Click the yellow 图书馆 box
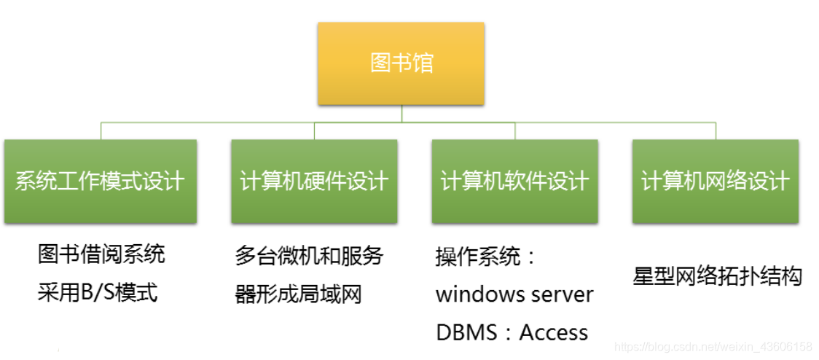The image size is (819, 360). click(x=401, y=63)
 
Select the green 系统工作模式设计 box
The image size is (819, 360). click(x=101, y=181)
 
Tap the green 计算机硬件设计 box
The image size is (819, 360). click(x=314, y=181)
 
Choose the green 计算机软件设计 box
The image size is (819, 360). click(x=514, y=181)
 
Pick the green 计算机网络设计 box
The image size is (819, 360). click(x=716, y=181)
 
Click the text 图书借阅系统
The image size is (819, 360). click(x=101, y=254)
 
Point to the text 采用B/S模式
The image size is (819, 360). click(x=98, y=293)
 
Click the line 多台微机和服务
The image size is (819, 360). click(x=309, y=256)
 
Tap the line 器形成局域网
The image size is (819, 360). click(x=298, y=294)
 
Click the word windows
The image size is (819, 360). click(x=480, y=295)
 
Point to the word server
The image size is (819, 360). click(x=563, y=295)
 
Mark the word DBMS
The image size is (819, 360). click(x=461, y=333)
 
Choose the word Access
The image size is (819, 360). click(x=553, y=333)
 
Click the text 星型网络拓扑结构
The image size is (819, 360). click(x=717, y=276)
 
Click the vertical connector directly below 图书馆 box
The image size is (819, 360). click(x=401, y=114)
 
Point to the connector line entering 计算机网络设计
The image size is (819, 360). click(x=716, y=131)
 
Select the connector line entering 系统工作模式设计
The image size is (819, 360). click(x=101, y=131)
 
